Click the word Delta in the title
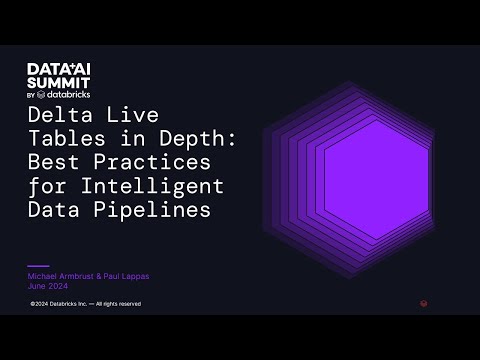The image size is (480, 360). click(x=53, y=115)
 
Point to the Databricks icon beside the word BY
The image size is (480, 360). click(x=46, y=95)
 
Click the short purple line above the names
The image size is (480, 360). click(x=37, y=266)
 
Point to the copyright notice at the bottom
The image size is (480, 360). click(x=85, y=303)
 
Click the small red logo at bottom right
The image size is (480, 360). click(x=423, y=303)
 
